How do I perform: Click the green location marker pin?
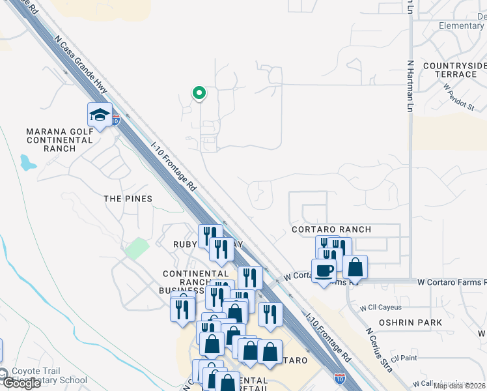[199, 94]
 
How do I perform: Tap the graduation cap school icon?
[100, 115]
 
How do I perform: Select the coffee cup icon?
[324, 270]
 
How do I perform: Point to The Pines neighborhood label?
[128, 199]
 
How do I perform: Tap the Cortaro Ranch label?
[331, 229]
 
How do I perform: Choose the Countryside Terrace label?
[454, 70]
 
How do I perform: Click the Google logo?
[21, 383]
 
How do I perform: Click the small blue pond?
[27, 162]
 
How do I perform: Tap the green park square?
[137, 248]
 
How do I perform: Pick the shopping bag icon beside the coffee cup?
[355, 267]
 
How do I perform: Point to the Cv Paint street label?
[404, 358]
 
